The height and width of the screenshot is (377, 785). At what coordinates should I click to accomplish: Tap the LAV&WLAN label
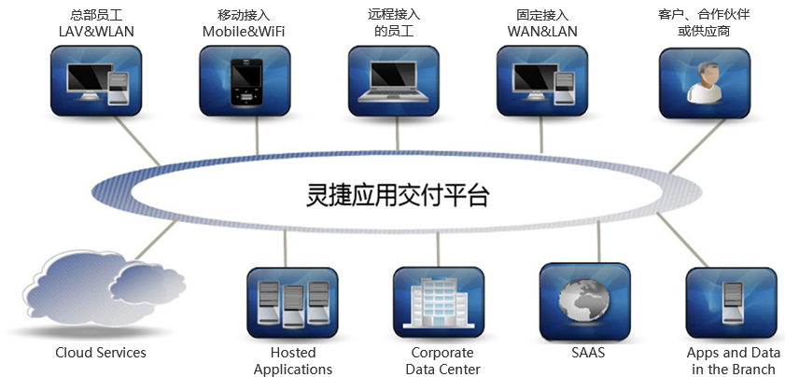pos(95,31)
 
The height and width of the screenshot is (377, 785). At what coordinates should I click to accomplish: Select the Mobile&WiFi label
pos(244,31)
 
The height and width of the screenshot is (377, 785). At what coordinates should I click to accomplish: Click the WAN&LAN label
pos(542,31)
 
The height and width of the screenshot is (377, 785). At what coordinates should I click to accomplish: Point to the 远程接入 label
pos(393,15)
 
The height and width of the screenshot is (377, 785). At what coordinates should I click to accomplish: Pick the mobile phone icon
pos(245,82)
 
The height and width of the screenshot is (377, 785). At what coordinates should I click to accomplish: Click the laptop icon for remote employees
pos(394,82)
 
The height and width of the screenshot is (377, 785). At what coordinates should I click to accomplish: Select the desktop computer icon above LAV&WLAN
pos(95,82)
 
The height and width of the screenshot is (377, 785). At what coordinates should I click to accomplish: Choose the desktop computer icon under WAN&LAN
pos(543,82)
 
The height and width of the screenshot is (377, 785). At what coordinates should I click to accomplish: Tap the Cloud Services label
pos(101,353)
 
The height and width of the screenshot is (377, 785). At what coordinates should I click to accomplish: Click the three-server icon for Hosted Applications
pos(292,301)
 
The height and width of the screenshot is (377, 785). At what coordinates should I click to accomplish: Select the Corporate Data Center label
pos(442,361)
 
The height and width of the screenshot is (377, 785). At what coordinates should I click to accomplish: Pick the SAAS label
pos(588,353)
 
